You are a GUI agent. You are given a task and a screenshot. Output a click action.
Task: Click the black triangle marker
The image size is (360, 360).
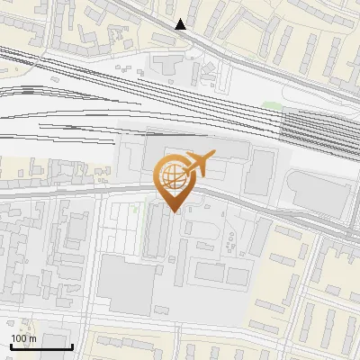point(181,24)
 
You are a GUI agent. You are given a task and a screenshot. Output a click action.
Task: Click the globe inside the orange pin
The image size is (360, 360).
point(172,175)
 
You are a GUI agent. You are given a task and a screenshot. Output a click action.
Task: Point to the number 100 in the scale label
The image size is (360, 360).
point(20,337)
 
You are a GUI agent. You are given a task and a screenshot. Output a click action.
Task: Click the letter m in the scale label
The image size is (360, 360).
point(33,337)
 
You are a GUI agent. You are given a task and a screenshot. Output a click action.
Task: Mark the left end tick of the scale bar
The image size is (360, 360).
point(11,346)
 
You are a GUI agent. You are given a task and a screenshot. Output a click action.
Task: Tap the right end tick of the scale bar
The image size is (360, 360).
point(72,346)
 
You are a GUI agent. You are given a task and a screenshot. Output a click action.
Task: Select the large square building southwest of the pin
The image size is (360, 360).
point(127,286)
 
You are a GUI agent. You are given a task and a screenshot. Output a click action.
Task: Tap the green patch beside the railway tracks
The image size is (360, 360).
point(273,107)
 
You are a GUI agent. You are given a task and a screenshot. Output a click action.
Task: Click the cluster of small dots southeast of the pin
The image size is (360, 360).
point(230,238)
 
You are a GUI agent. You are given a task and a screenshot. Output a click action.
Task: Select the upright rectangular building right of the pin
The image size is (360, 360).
point(262,170)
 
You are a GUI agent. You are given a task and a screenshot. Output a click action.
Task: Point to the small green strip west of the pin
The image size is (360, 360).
point(135,210)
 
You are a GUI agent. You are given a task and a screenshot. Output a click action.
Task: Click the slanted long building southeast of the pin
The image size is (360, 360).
point(261,239)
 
